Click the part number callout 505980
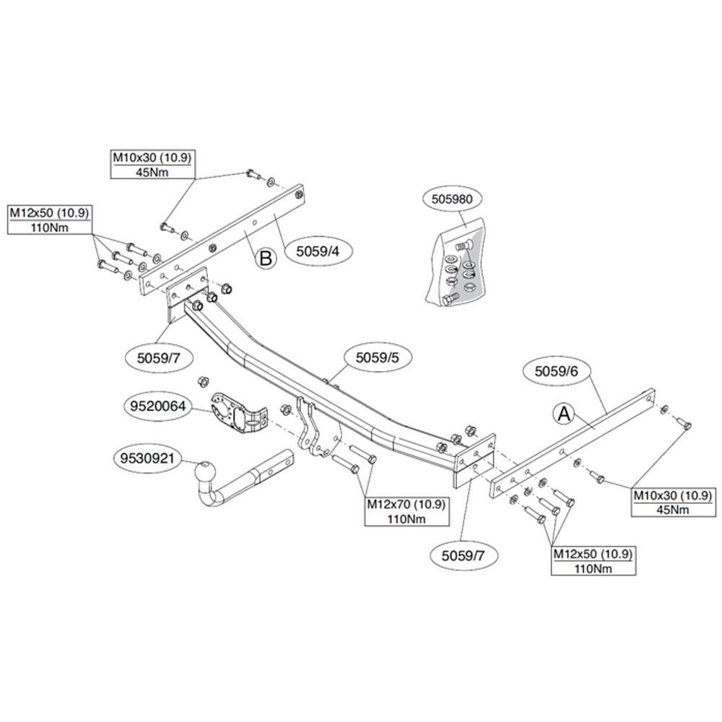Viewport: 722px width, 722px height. (452, 199)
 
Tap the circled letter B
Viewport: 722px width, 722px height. (266, 258)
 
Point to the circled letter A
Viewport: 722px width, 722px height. (564, 414)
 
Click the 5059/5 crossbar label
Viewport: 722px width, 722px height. (377, 357)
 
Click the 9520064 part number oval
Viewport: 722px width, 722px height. (157, 406)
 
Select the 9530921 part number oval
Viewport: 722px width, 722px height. (147, 458)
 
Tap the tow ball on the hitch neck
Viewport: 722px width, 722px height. (205, 473)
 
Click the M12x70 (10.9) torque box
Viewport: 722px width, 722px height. (406, 511)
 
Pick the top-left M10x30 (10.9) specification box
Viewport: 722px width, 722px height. (152, 165)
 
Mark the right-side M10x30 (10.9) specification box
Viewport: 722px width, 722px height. (673, 502)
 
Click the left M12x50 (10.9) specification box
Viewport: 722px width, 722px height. (49, 219)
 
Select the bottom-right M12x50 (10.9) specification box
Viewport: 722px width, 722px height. (593, 560)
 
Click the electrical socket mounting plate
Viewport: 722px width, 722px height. (239, 413)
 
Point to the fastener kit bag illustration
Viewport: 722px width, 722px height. (456, 265)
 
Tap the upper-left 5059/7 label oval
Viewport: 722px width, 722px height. (158, 357)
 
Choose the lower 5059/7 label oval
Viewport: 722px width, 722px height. (464, 555)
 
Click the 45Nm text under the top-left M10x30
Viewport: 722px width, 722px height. (152, 173)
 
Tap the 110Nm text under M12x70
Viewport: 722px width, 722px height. (406, 519)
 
